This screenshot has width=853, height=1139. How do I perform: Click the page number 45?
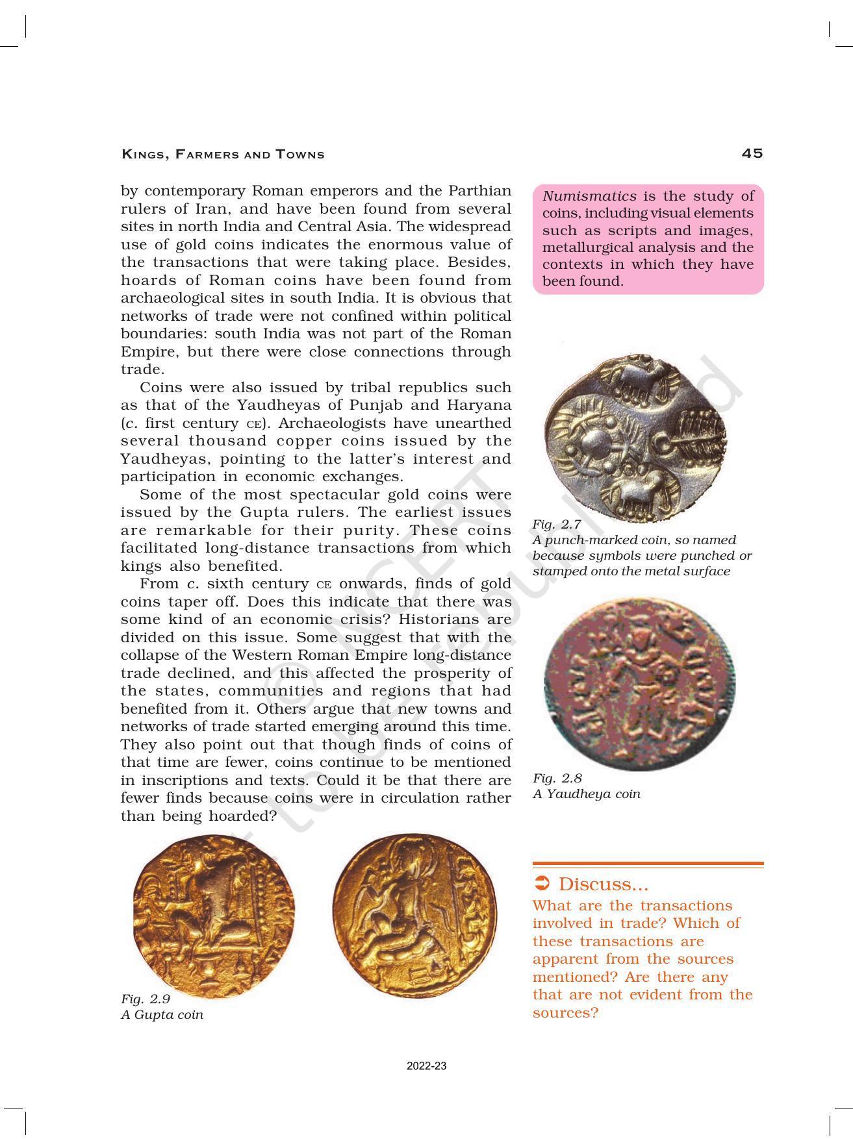pos(752,153)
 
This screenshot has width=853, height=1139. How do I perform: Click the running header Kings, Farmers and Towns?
pos(223,155)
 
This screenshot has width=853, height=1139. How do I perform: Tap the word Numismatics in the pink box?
pos(589,196)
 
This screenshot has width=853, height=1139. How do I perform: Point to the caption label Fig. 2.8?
pos(557,778)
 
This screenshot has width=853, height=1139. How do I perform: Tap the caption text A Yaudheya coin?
pos(586,794)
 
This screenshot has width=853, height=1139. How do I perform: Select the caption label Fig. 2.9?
pos(146,999)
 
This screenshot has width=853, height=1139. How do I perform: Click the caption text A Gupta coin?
pos(162,1014)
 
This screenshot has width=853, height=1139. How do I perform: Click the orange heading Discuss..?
pos(603,884)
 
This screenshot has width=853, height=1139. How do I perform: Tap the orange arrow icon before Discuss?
pos(542,884)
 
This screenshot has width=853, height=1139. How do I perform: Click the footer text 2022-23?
pos(426,1066)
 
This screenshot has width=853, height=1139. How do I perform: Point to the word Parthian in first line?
pos(479,191)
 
